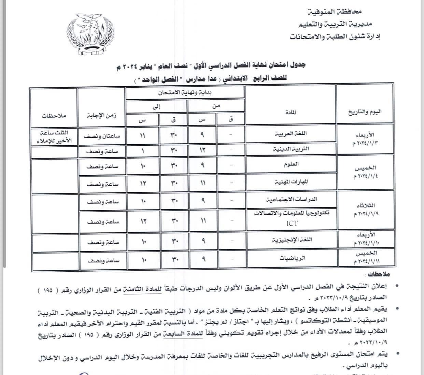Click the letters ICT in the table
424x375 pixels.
[292, 223]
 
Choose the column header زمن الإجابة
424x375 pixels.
[101, 115]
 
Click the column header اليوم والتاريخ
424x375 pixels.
[365, 112]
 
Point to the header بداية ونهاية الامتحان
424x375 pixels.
[185, 92]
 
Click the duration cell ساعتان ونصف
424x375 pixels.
[101, 135]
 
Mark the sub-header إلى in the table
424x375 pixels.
[157, 106]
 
